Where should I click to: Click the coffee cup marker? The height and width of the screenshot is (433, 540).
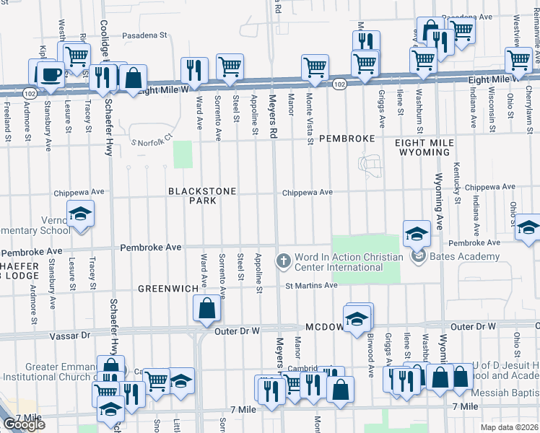pyautogui.click(x=50, y=74)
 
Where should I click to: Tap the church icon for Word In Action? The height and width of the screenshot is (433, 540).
pyautogui.click(x=284, y=259)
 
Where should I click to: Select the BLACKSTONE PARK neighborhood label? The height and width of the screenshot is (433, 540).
pyautogui.click(x=192, y=196)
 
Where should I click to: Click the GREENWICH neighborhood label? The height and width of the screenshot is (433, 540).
pyautogui.click(x=168, y=289)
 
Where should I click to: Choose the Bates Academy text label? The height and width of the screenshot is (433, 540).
pyautogui.click(x=465, y=257)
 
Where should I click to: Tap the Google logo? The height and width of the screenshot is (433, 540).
pyautogui.click(x=24, y=424)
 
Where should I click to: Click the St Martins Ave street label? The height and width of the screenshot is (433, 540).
pyautogui.click(x=311, y=286)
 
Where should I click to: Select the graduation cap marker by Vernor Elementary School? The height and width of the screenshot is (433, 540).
pyautogui.click(x=80, y=214)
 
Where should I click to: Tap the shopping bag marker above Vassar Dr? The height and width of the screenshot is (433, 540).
pyautogui.click(x=206, y=308)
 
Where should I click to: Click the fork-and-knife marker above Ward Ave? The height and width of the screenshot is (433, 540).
pyautogui.click(x=193, y=70)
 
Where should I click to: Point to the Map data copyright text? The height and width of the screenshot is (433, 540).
pyautogui.click(x=510, y=427)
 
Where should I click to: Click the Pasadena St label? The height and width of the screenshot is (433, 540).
pyautogui.click(x=144, y=34)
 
